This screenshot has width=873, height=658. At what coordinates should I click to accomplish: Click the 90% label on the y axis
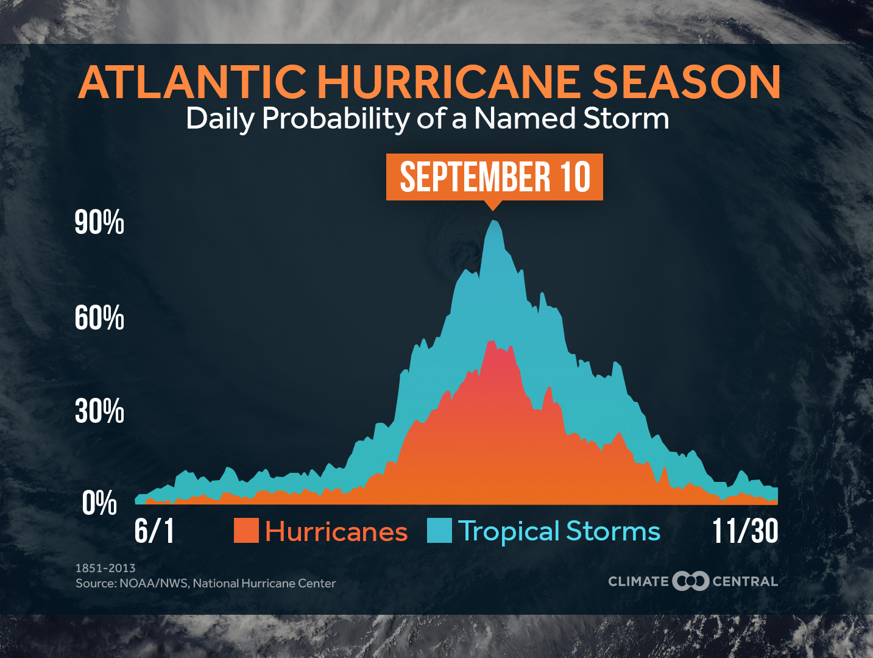(x=99, y=222)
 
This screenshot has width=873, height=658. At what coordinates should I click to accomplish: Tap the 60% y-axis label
(x=99, y=318)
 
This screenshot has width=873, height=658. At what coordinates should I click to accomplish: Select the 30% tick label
(x=99, y=411)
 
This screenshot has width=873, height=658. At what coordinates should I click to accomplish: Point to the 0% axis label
(x=99, y=503)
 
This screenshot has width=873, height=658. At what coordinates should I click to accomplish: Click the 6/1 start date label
(x=155, y=531)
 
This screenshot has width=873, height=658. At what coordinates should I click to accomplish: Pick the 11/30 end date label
(x=745, y=531)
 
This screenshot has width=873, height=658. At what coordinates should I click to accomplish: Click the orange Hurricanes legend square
(x=246, y=531)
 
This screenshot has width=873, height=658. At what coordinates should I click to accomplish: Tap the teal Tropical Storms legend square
(x=439, y=531)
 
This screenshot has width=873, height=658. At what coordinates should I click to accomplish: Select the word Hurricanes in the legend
(x=336, y=532)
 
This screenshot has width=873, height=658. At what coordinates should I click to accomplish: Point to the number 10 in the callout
(x=575, y=177)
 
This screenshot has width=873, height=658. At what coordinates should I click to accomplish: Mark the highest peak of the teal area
(x=494, y=222)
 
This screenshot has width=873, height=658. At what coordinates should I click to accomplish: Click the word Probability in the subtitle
(x=336, y=119)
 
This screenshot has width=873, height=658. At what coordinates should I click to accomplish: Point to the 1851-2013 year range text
(x=105, y=568)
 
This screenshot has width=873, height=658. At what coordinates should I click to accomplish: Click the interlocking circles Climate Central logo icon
(x=690, y=581)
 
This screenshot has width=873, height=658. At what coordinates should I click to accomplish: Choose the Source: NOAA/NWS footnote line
(x=205, y=583)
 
